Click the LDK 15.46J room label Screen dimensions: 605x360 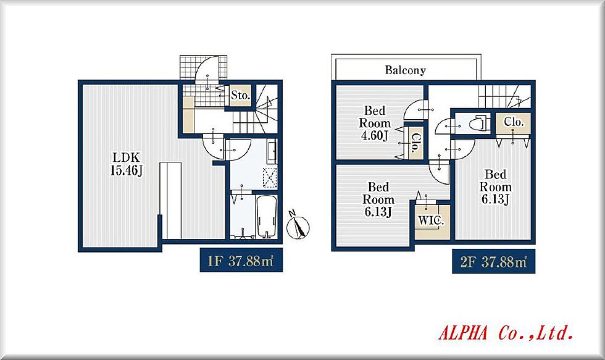coord(127,164)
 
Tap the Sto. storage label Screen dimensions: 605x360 coord(240,95)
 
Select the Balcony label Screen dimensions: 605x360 coord(406,70)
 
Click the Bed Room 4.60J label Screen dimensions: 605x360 coord(375,123)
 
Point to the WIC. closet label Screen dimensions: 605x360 coord(432,220)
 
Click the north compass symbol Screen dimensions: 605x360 coord(298,226)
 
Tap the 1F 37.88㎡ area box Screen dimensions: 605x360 coord(241,261)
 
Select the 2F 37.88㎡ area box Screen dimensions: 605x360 coord(493,262)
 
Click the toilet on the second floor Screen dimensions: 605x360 coord(479,123)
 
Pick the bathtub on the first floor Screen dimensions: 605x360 coord(267,217)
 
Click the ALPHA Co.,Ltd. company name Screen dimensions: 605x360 coord(506,333)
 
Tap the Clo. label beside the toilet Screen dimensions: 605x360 coord(514,122)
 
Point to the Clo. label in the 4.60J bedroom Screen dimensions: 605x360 coord(416,143)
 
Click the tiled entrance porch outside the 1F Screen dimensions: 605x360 coord(203,68)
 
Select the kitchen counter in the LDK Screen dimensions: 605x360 coord(171,201)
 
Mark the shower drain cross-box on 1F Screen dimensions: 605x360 coord(270,178)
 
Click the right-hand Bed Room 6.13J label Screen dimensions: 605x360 coord(495,186)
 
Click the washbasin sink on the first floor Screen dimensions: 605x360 coord(272,151)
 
